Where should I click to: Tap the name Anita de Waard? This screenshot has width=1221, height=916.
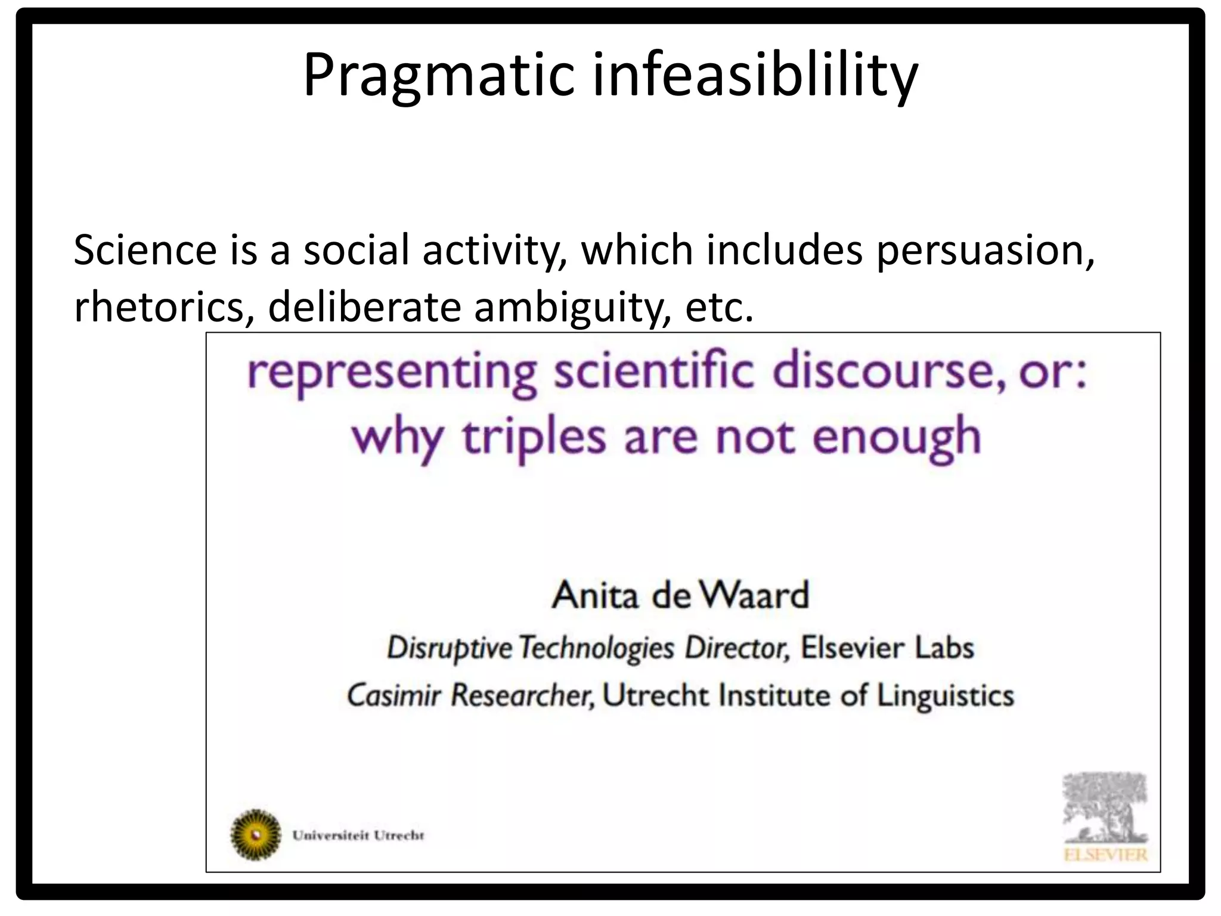coord(680,595)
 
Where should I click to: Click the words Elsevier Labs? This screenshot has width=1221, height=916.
coord(887,648)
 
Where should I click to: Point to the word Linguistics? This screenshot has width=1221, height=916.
coord(946,695)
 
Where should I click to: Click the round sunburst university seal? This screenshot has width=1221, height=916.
coord(256,834)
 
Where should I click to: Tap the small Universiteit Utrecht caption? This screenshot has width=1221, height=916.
coord(358,835)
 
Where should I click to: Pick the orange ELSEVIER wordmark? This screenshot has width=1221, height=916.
coord(1105,855)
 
